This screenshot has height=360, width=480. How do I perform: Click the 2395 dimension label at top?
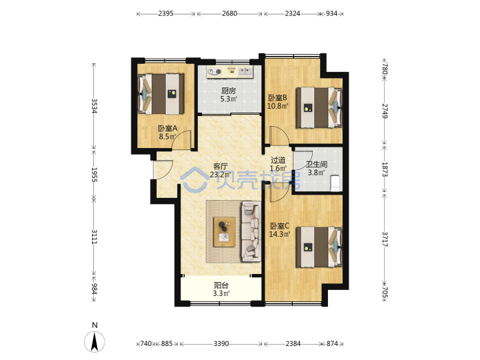point(165,13)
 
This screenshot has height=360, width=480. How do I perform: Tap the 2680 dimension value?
point(229,13)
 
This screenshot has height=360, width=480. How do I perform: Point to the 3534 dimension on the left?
point(94,105)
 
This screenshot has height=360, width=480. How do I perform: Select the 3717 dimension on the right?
point(385,239)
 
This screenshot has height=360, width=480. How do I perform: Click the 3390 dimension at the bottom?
point(221,344)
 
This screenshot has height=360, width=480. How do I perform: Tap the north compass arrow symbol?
point(95,341)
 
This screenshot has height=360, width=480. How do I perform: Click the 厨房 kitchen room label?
point(229,91)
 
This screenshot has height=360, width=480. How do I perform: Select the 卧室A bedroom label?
point(167,129)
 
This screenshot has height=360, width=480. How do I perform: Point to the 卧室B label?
point(277,98)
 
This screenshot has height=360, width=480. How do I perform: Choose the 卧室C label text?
point(279,226)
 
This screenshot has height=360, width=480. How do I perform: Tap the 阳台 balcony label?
point(221,285)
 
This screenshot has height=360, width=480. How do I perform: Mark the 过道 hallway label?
point(278,160)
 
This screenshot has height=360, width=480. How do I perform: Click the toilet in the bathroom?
point(335,183)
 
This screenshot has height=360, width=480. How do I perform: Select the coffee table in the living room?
point(225,232)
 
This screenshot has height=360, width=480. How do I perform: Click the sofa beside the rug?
point(251,231)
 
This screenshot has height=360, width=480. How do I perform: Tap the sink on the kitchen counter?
point(245,71)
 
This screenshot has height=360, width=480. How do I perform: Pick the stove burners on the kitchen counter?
point(214,72)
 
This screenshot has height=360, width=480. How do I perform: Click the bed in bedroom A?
point(161,94)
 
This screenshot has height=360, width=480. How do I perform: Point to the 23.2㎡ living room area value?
point(221,175)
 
